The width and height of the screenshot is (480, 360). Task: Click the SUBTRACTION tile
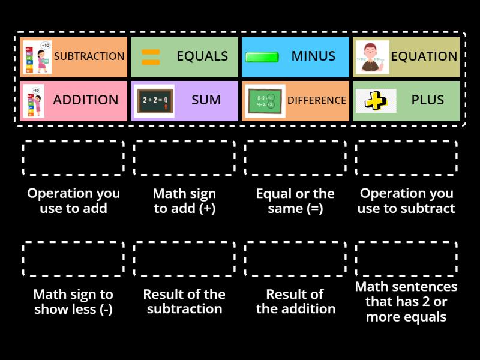click(x=74, y=57)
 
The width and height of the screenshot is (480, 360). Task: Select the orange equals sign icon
click(x=150, y=57)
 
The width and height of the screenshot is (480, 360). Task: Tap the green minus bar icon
click(x=262, y=58)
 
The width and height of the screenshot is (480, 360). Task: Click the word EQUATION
click(x=424, y=56)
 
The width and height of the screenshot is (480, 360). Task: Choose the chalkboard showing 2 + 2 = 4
click(x=154, y=100)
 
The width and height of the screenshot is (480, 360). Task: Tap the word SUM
click(x=206, y=100)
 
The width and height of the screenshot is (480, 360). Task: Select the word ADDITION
click(x=86, y=100)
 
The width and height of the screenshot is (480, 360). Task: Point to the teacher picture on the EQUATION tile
click(x=372, y=57)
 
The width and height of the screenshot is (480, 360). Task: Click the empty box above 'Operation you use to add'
click(x=73, y=158)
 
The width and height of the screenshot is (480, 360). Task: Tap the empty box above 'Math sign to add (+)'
click(x=184, y=158)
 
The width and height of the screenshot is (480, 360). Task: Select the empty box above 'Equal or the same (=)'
click(x=295, y=158)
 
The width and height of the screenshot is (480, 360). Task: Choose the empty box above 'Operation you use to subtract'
click(x=406, y=158)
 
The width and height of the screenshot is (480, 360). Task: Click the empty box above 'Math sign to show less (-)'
click(x=73, y=259)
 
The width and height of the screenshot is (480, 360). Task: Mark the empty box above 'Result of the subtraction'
click(x=184, y=259)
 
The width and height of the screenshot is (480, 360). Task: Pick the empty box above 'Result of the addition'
click(x=295, y=259)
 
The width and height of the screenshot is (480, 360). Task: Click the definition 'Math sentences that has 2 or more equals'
click(x=406, y=302)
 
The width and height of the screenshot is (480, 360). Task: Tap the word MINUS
click(x=313, y=56)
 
